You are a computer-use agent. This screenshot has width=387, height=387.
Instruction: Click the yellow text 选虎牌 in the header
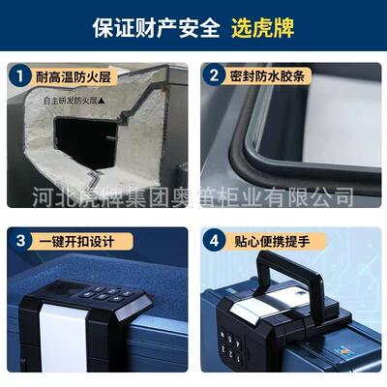262,27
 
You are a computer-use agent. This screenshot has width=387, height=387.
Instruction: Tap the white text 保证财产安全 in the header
157,27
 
